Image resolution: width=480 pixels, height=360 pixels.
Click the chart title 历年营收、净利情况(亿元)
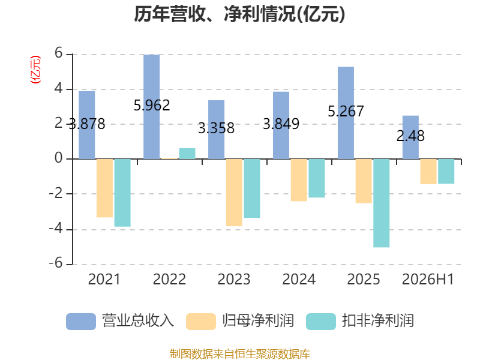(239, 14)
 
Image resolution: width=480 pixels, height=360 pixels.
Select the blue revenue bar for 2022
(152, 107)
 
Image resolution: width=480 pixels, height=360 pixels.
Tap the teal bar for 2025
(382, 203)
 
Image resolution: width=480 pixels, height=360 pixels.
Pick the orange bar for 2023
(234, 193)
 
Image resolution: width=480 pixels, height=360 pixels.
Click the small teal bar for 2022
(187, 154)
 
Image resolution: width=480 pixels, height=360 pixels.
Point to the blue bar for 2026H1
(410, 137)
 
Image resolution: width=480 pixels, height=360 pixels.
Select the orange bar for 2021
(104, 188)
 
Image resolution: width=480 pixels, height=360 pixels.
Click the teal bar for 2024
(317, 178)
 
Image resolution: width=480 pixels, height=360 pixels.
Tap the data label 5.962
(152, 106)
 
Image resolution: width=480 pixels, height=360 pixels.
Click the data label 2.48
(410, 136)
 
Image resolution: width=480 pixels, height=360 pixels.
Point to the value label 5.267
(346, 112)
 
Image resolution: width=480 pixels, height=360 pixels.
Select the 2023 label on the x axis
(234, 279)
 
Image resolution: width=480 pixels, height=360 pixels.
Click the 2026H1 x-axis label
(428, 279)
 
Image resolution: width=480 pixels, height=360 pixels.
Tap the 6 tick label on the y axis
(58, 53)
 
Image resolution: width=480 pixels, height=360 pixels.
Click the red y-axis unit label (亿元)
(35, 70)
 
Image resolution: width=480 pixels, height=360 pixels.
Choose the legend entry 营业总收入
(121, 321)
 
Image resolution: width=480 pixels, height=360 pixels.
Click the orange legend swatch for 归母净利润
(201, 322)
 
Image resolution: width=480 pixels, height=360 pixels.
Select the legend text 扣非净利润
(379, 321)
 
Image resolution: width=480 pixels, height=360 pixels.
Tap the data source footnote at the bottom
(240, 354)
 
